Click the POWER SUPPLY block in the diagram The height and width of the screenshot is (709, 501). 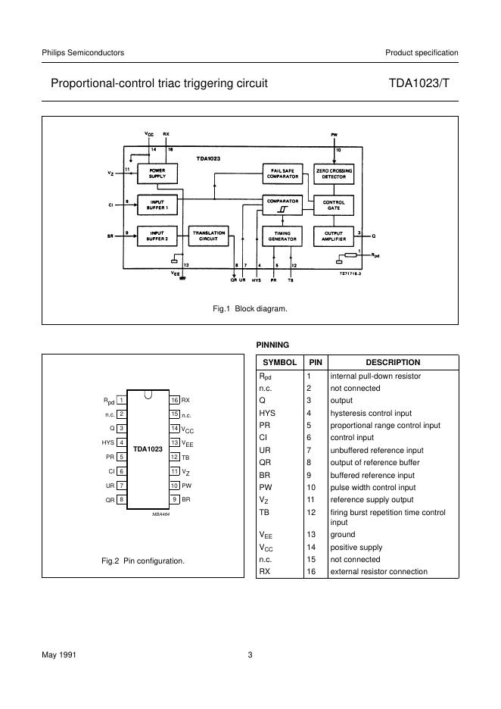pos(157,174)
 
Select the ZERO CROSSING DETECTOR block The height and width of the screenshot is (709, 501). pos(334,174)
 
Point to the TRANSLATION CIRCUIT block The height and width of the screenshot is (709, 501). pos(208,236)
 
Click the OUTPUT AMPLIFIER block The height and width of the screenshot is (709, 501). pos(334,236)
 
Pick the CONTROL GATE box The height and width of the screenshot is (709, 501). pos(334,204)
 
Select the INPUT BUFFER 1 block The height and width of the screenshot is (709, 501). pos(157,204)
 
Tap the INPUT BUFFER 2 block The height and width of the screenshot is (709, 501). pos(157,236)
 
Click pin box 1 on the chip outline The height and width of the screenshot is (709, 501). pos(121,400)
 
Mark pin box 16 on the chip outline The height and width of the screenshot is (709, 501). pos(174,400)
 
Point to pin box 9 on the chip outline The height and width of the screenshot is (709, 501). pos(174,500)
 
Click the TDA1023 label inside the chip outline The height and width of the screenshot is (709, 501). pos(148,449)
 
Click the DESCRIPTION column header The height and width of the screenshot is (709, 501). pos(393,363)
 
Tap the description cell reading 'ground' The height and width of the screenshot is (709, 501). pos(342,534)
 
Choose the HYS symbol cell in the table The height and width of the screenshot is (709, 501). pos(267,413)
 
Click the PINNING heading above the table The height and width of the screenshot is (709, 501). pos(273,345)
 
